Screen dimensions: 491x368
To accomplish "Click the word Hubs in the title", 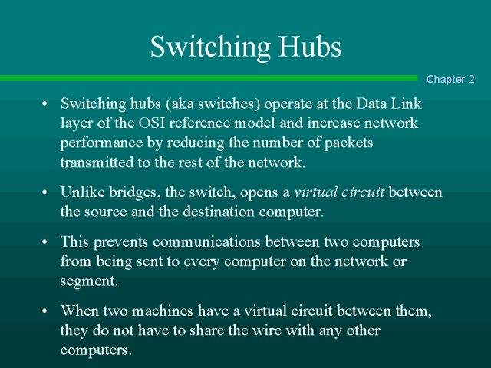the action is [310, 46].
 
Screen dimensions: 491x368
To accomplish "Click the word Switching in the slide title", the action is [210, 48].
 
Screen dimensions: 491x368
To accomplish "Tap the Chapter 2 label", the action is [450, 79].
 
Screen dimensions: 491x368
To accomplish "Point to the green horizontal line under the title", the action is [209, 78].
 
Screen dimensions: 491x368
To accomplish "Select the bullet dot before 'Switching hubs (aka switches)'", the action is [44, 103].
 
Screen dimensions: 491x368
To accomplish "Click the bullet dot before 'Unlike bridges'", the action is [44, 192].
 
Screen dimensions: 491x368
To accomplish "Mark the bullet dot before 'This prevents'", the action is [44, 242].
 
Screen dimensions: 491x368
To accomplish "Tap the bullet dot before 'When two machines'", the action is [44, 310].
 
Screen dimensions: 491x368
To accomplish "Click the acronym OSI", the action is [152, 123].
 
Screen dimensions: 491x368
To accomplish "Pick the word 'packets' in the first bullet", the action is [348, 143].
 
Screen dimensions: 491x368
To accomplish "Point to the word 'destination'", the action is [218, 212].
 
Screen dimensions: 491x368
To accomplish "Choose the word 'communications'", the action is [206, 242].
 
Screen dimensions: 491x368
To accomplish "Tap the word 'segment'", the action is [89, 281].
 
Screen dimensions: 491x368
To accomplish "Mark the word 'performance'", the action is [101, 143].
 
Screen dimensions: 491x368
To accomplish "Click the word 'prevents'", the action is [120, 243].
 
